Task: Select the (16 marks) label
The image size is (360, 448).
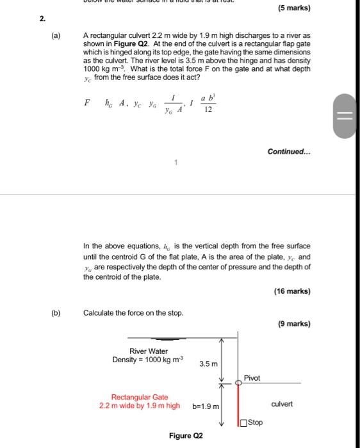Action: coord(291,291)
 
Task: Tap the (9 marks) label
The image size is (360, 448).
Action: coord(295,324)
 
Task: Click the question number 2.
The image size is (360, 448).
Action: coord(42,19)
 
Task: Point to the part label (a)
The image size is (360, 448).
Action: coord(56,36)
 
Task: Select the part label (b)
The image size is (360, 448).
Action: coord(56,313)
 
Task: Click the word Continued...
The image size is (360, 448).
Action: coord(289,152)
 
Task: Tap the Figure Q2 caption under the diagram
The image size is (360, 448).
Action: coord(186,436)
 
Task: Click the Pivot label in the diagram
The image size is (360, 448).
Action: coord(252,378)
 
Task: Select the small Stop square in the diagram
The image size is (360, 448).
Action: coord(243,422)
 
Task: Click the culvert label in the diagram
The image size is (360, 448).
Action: coord(282,404)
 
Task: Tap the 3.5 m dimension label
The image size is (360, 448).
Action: coord(208,364)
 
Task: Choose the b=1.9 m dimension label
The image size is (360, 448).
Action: coord(206,406)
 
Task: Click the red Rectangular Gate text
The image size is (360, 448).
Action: coord(140,397)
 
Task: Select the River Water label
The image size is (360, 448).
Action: coord(149,351)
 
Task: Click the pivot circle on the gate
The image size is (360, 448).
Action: coord(238,383)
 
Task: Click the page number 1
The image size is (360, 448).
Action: coord(176,163)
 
